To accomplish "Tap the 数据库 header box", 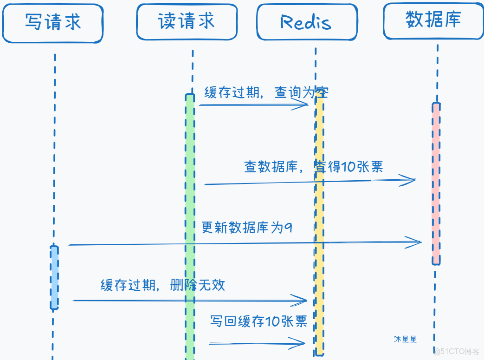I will point(433,20).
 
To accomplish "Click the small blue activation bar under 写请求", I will point(54,277).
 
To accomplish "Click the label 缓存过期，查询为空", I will point(266,92).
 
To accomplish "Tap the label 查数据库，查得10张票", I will point(314,167).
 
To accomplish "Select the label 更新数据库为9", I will point(246,228).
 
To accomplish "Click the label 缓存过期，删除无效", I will point(162,285).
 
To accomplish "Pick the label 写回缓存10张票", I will point(258,321).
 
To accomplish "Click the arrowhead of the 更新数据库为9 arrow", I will point(414,242).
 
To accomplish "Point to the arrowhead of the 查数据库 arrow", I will point(409,180).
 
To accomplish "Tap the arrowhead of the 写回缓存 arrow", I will point(299,344).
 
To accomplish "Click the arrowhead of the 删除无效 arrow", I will point(300,301).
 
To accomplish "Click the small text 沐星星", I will point(405,339).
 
